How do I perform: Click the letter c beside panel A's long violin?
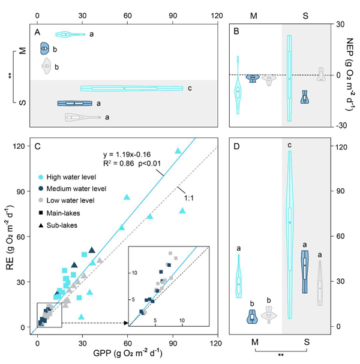click(x=190, y=89)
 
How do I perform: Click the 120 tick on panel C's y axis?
click(x=24, y=146)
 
